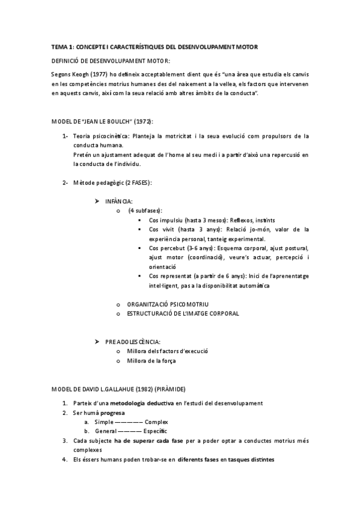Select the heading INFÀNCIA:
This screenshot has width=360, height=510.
click(119, 201)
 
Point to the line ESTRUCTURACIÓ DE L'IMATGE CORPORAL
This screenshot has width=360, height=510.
click(183, 314)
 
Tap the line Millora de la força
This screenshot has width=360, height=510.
click(151, 361)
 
